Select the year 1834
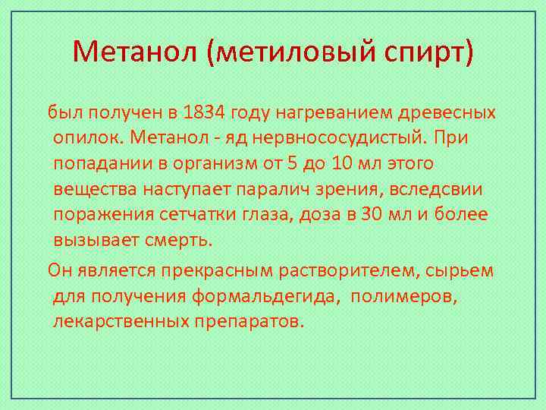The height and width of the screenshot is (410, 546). pos(204,113)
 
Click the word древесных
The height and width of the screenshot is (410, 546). pos(450,113)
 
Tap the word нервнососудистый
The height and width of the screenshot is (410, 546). pos(325,139)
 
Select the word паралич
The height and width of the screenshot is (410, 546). pos(265,190)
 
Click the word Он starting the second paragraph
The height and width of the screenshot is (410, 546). pos(60,270)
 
